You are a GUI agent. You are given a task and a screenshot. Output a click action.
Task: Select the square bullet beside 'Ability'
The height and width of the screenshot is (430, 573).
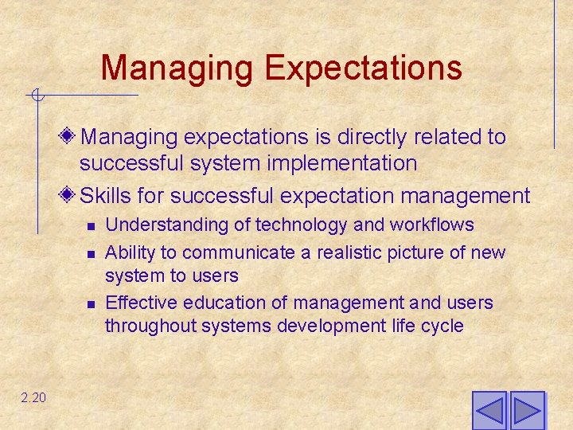[91, 254]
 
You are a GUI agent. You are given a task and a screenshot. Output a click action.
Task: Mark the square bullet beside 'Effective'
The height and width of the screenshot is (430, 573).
[91, 304]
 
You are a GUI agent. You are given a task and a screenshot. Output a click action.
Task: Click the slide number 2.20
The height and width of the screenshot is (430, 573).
[33, 397]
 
